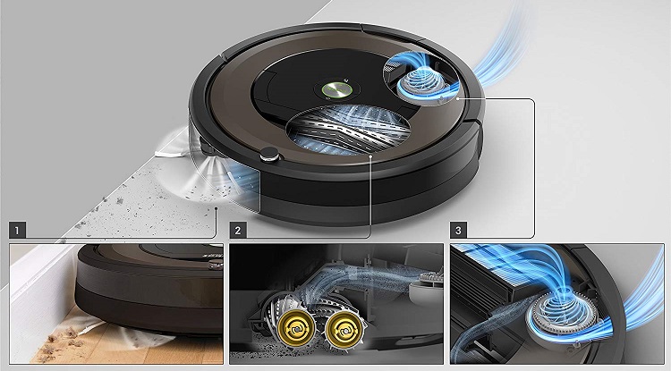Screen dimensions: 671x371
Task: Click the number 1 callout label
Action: click(x=17, y=230)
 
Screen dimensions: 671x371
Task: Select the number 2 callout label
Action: click(x=238, y=230)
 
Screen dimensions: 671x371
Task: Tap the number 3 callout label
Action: click(x=458, y=230)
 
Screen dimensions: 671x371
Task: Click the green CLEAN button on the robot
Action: click(x=336, y=89)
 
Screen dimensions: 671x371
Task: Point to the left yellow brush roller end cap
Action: click(x=296, y=328)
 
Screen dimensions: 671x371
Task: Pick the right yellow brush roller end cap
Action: click(x=344, y=328)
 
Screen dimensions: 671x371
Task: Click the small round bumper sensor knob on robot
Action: click(x=269, y=155)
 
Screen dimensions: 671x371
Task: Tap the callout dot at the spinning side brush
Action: click(x=217, y=208)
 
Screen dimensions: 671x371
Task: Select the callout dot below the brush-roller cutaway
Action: click(x=371, y=156)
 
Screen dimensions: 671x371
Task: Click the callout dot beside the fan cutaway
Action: click(x=458, y=98)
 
